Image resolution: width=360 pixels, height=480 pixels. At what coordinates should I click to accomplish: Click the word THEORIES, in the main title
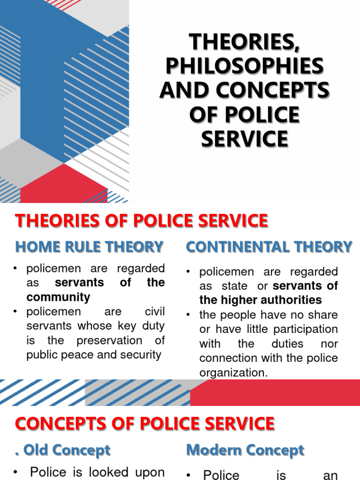pos(244,43)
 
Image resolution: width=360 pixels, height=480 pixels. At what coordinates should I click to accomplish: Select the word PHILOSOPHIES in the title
pos(244,67)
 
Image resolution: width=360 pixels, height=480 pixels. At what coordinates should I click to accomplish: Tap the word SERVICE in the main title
pos(244,139)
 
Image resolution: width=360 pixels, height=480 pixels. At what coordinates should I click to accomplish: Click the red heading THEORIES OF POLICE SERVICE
pos(142,221)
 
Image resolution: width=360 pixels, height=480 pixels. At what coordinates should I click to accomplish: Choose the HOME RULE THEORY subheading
pos(90,247)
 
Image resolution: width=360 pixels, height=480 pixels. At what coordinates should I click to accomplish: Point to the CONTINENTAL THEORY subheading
pos(269,247)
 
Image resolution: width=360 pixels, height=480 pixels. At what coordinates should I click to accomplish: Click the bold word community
pos(58,297)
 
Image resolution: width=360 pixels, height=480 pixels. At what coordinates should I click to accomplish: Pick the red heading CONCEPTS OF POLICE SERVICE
pos(144,424)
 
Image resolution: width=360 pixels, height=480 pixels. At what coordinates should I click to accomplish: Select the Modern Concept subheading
pos(245,450)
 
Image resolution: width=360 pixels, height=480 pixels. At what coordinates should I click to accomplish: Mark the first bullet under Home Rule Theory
pos(16,269)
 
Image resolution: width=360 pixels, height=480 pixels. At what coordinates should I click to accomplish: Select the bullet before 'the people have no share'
pos(189,315)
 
